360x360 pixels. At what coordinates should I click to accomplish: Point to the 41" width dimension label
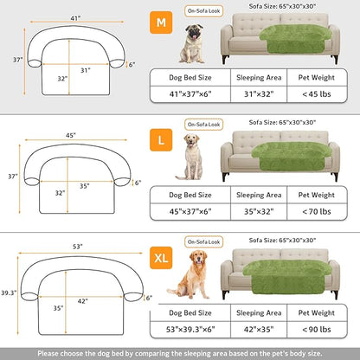[77, 16]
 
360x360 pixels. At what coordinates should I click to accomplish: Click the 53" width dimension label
[78, 246]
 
